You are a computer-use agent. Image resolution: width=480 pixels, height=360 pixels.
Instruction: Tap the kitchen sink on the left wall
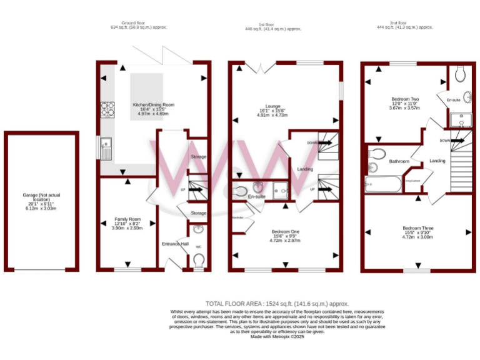(104, 148)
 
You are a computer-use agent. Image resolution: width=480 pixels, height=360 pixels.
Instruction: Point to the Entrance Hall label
(175, 243)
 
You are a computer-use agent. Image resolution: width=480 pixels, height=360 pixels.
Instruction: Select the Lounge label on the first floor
(272, 106)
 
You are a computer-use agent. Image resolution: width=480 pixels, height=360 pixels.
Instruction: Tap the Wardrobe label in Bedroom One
(237, 217)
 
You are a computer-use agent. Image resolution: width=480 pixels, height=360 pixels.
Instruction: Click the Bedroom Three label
(417, 228)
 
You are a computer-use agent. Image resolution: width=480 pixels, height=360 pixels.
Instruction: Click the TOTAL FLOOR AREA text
(277, 303)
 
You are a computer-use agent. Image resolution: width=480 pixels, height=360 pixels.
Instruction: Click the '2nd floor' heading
(397, 23)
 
